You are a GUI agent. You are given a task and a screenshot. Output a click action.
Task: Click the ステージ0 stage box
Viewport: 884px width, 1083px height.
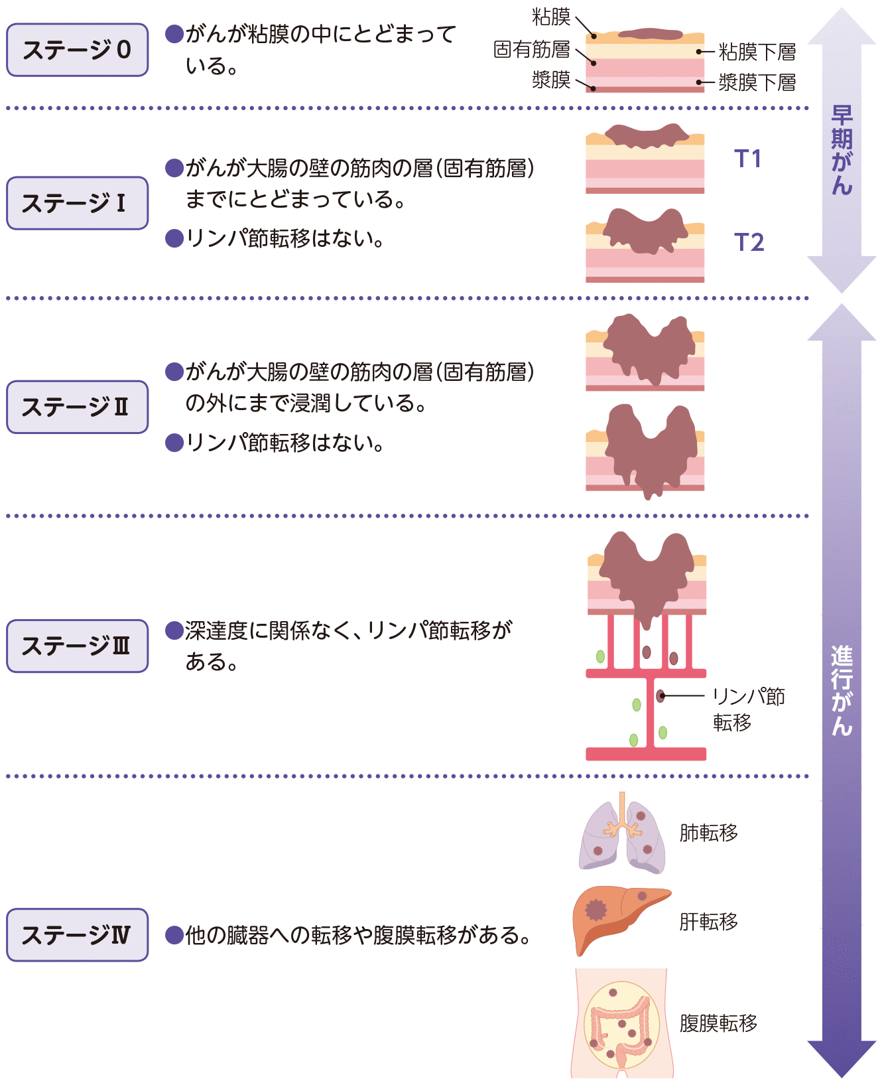pyautogui.click(x=77, y=50)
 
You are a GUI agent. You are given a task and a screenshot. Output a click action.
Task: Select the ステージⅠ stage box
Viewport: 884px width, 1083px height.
pyautogui.click(x=77, y=203)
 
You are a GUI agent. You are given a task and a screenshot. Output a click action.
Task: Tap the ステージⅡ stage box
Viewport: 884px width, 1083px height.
pyautogui.click(x=77, y=407)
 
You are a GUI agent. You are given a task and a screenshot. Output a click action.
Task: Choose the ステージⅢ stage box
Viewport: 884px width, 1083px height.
pyautogui.click(x=77, y=646)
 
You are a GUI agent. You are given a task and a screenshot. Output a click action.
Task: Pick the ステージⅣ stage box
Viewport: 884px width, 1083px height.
pyautogui.click(x=77, y=934)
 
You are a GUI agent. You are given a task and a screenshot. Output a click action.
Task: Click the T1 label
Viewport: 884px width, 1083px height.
pyautogui.click(x=747, y=159)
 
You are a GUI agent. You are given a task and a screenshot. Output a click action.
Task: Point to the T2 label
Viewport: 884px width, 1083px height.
pyautogui.click(x=749, y=242)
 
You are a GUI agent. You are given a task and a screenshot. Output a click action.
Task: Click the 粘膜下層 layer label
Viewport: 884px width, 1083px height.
pyautogui.click(x=757, y=52)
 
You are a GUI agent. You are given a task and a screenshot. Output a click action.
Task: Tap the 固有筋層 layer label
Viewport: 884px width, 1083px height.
pyautogui.click(x=532, y=49)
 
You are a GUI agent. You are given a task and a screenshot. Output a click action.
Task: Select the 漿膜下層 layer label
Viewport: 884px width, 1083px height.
pyautogui.click(x=757, y=82)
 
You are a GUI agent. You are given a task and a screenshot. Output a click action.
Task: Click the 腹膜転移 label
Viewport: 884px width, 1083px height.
pyautogui.click(x=718, y=1023)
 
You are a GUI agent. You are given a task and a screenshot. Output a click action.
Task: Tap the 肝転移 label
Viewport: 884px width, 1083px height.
pyautogui.click(x=708, y=921)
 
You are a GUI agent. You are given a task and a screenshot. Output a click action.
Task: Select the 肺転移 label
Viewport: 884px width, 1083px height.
pyautogui.click(x=708, y=832)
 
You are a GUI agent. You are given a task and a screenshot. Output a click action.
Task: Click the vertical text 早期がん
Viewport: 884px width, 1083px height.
pyautogui.click(x=842, y=151)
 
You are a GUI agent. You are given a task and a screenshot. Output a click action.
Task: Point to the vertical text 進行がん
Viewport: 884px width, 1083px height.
pyautogui.click(x=842, y=690)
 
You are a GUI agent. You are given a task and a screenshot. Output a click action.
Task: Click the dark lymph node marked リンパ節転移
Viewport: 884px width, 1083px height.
pyautogui.click(x=661, y=695)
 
